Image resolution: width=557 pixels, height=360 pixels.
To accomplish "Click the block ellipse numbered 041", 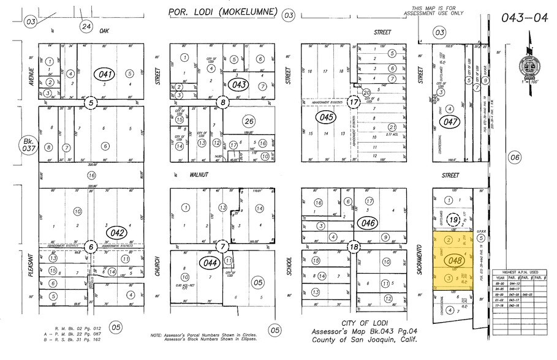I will click(105, 74).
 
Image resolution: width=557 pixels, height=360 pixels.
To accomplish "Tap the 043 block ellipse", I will click(239, 84).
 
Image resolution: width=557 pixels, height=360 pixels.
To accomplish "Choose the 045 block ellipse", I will click(325, 116).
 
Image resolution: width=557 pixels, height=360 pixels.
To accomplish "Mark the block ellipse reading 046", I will click(368, 223).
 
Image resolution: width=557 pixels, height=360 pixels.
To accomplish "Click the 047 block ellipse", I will click(452, 122).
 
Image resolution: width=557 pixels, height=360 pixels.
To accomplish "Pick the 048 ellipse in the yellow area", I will click(455, 260).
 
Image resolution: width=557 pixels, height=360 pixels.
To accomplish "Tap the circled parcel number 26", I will click(248, 121).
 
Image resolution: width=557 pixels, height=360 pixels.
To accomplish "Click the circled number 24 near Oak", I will click(86, 26).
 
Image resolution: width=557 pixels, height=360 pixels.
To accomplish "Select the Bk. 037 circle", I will click(29, 146).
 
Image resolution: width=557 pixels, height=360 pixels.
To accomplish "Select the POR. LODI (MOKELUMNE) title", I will click(222, 12).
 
